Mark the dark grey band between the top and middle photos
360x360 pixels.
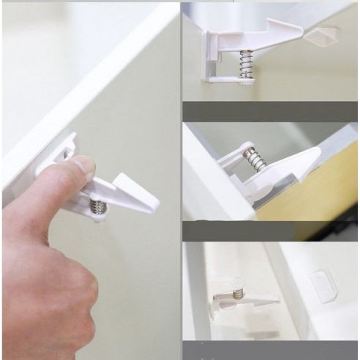pos(271,111)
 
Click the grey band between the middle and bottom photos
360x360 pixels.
pos(271,231)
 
